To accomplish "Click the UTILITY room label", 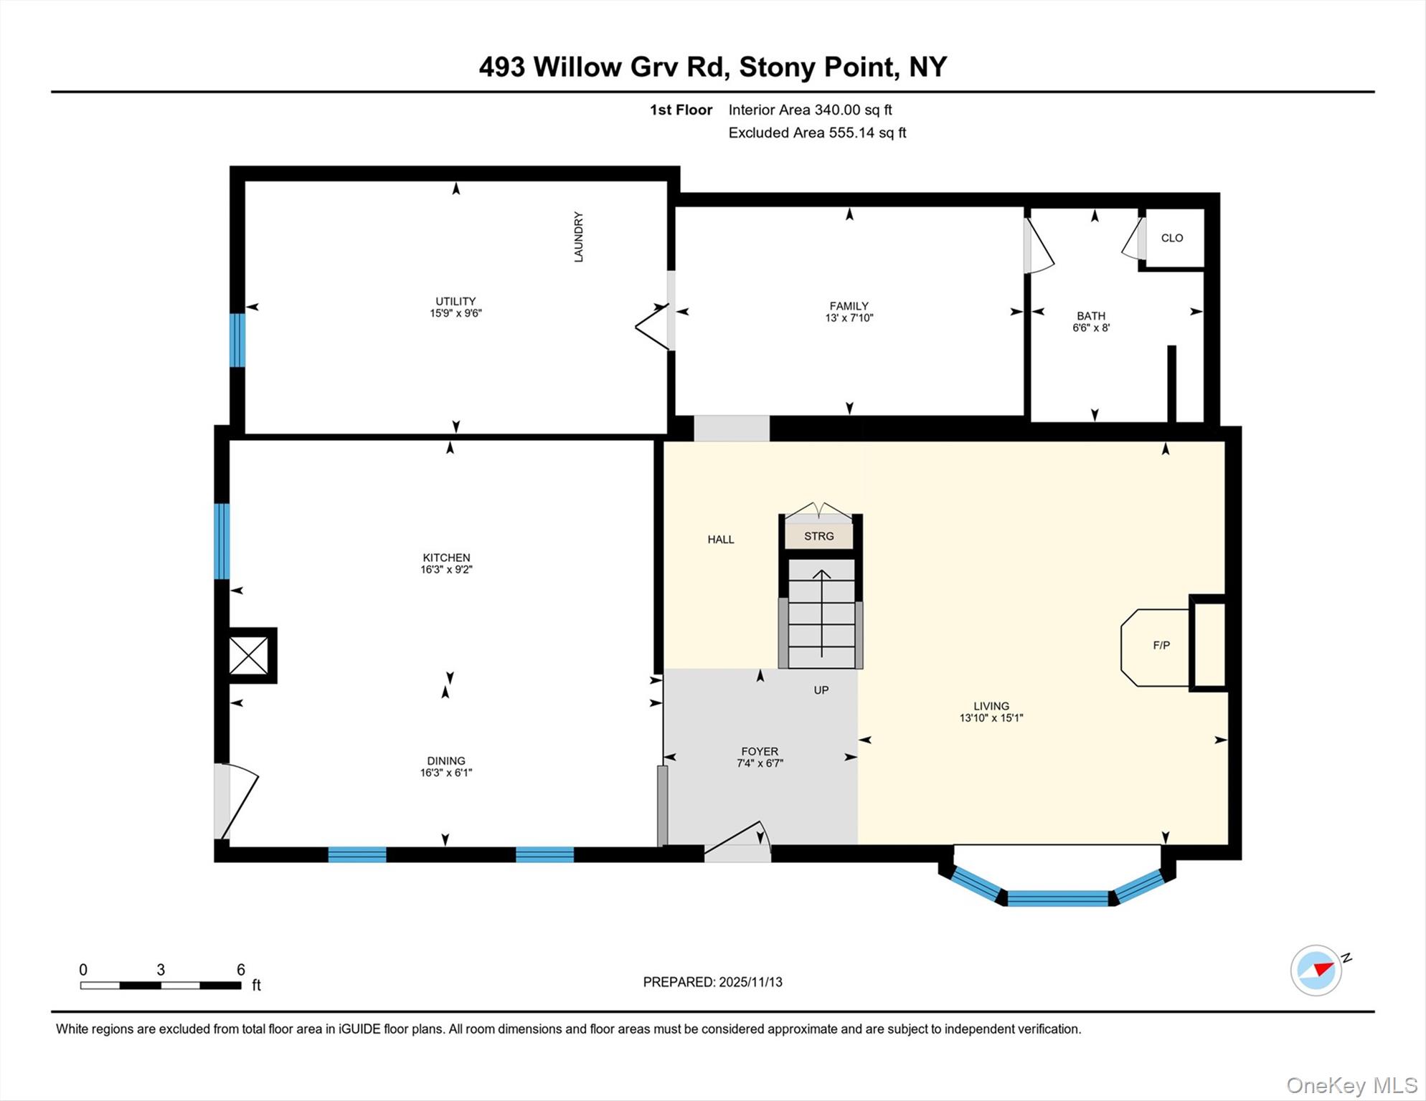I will tap(455, 301).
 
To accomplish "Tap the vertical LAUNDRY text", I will tap(578, 237).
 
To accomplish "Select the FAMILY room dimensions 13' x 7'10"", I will tap(849, 318).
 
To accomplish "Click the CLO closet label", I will tap(1171, 238).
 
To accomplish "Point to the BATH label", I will tap(1090, 315).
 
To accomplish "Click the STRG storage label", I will tap(818, 536).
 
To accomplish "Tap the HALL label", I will tap(720, 540).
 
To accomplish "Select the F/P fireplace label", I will tap(1161, 645).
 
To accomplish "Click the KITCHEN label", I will tap(446, 558).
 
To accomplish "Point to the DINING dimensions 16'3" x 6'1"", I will tap(446, 773).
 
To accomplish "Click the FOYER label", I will tap(759, 751).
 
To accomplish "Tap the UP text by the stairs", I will tap(821, 690).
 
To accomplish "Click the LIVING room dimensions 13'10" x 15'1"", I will tap(991, 718).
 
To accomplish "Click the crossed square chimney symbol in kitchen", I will tap(248, 656).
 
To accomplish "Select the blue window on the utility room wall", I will tap(237, 340).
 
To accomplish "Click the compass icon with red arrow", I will tap(1316, 971).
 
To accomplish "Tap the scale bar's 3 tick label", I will tap(161, 970).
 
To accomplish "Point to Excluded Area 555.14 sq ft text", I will tap(817, 133).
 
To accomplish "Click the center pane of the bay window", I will tap(1057, 898).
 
